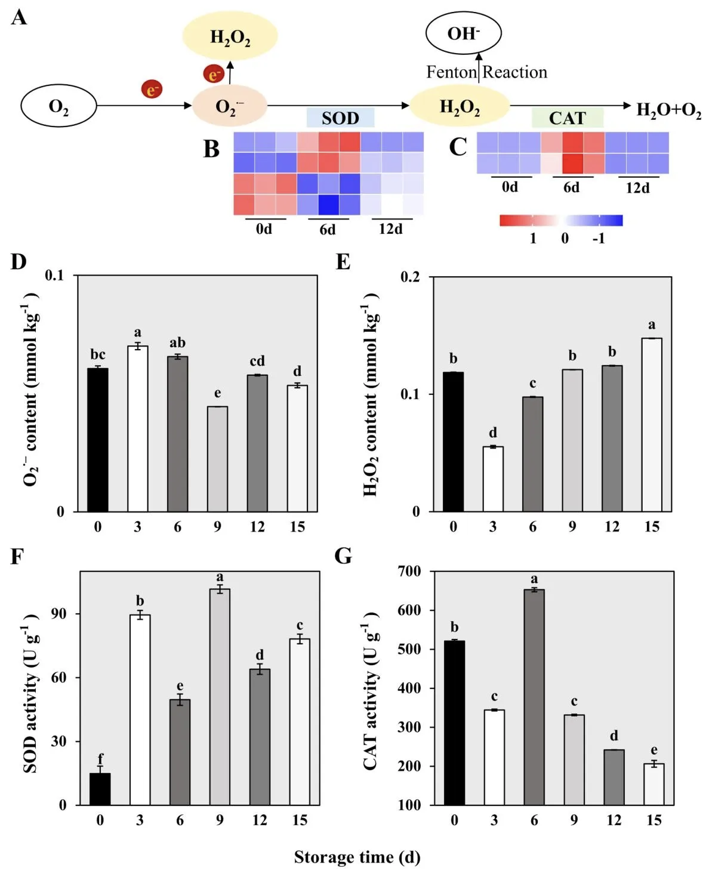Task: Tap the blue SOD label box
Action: tap(340, 118)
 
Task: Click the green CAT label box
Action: tap(567, 118)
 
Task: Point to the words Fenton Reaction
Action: tap(486, 72)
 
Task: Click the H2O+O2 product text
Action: tap(668, 110)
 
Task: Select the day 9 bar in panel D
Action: tap(217, 459)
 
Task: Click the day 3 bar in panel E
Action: tap(493, 479)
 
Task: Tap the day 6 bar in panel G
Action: tap(534, 697)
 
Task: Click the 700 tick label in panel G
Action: tap(409, 571)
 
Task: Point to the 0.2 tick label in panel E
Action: tap(410, 277)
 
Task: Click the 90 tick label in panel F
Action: tap(58, 614)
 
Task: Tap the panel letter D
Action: tap(19, 262)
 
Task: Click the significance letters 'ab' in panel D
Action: tap(178, 342)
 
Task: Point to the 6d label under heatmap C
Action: tap(571, 187)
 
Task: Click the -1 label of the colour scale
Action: tap(599, 238)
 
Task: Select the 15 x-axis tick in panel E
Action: tap(652, 527)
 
